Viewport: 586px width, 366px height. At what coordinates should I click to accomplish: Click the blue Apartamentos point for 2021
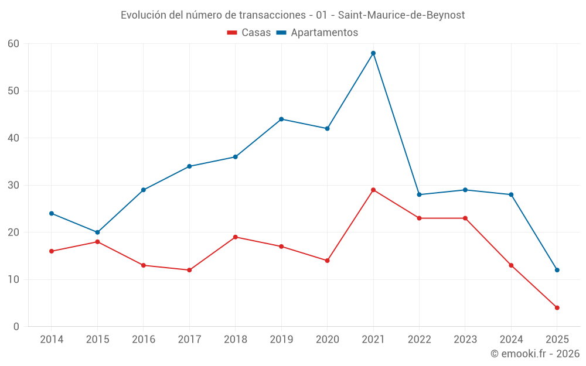click(x=373, y=53)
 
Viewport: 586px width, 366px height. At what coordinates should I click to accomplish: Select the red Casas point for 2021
click(x=373, y=190)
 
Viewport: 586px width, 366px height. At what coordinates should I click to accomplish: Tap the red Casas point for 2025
click(x=557, y=307)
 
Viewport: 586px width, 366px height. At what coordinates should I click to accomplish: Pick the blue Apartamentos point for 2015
click(x=97, y=232)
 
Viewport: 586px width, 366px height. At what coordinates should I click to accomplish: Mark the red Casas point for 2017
click(x=189, y=270)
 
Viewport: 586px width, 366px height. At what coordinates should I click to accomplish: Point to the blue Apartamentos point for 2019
click(x=281, y=119)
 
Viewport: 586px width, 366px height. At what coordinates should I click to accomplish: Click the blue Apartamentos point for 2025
click(x=557, y=270)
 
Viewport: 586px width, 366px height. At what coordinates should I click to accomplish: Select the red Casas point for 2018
click(x=236, y=237)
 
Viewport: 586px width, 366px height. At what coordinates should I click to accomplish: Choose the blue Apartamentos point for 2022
click(x=419, y=194)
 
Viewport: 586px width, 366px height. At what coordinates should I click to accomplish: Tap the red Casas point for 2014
click(x=52, y=251)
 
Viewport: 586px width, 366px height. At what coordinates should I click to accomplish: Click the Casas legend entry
click(x=249, y=33)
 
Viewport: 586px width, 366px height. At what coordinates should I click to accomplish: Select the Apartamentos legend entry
click(x=317, y=33)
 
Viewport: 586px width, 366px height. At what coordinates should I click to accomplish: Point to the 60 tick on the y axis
click(x=13, y=44)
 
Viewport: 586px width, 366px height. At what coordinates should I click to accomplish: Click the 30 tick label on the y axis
click(x=13, y=185)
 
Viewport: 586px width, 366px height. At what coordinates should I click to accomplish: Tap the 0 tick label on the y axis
click(x=16, y=327)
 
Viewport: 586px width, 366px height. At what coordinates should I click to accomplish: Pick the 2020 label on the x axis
click(x=327, y=340)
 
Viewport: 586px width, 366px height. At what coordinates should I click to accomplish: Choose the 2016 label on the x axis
click(x=144, y=340)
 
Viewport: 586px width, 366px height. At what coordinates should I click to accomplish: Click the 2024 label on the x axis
click(x=511, y=340)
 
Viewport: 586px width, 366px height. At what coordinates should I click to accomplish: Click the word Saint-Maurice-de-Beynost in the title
click(x=401, y=15)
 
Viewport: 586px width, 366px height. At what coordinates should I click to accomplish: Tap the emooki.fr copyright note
click(x=535, y=354)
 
